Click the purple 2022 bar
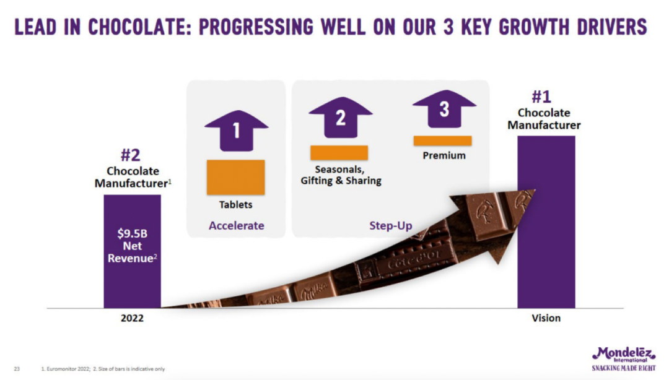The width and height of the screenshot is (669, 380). (133, 251)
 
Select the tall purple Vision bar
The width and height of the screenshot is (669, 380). (546, 222)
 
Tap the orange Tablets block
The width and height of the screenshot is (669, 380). (236, 178)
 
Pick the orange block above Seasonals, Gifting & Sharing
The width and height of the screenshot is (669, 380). (339, 153)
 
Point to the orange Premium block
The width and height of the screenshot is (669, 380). (442, 140)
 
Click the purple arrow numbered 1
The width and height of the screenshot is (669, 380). (237, 131)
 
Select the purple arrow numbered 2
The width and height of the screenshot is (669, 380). (341, 118)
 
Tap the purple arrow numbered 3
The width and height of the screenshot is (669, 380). (444, 109)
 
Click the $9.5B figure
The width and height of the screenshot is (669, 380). (133, 233)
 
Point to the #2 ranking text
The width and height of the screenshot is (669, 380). (131, 155)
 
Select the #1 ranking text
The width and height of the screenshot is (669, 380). (541, 97)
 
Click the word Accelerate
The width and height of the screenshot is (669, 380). (237, 225)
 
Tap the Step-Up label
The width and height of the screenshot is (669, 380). (391, 226)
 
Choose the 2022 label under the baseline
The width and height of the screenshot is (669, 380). (133, 318)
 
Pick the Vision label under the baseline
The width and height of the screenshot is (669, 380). (546, 318)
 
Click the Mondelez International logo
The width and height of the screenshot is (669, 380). (624, 359)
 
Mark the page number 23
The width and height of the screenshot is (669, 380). (17, 369)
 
